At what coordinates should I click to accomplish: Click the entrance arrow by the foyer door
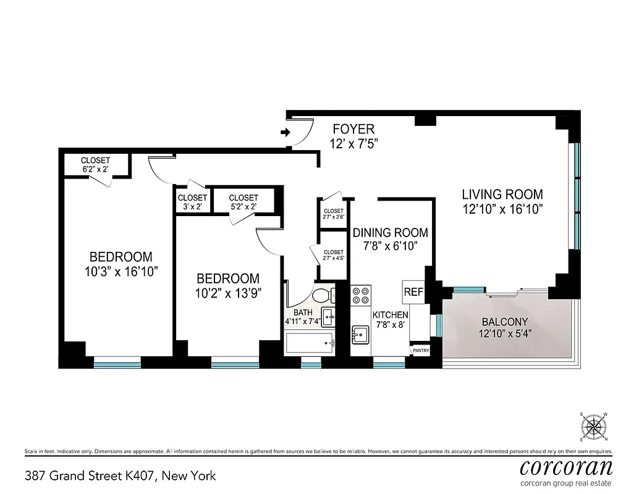[x=285, y=132]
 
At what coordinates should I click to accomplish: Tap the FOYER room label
[x=353, y=129]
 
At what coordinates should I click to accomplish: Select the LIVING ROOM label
[x=502, y=195]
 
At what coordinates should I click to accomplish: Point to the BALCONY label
[x=504, y=322]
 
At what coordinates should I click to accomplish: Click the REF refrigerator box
[x=413, y=291]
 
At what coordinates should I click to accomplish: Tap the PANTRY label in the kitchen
[x=420, y=351]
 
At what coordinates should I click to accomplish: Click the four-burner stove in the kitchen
[x=361, y=295]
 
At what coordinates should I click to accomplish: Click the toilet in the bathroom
[x=323, y=295]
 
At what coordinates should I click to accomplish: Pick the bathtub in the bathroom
[x=310, y=342]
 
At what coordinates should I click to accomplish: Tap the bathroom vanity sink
[x=328, y=316]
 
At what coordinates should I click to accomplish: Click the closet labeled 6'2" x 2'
[x=95, y=164]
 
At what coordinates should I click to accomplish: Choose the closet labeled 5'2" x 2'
[x=243, y=202]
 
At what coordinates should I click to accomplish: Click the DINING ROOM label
[x=390, y=233]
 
